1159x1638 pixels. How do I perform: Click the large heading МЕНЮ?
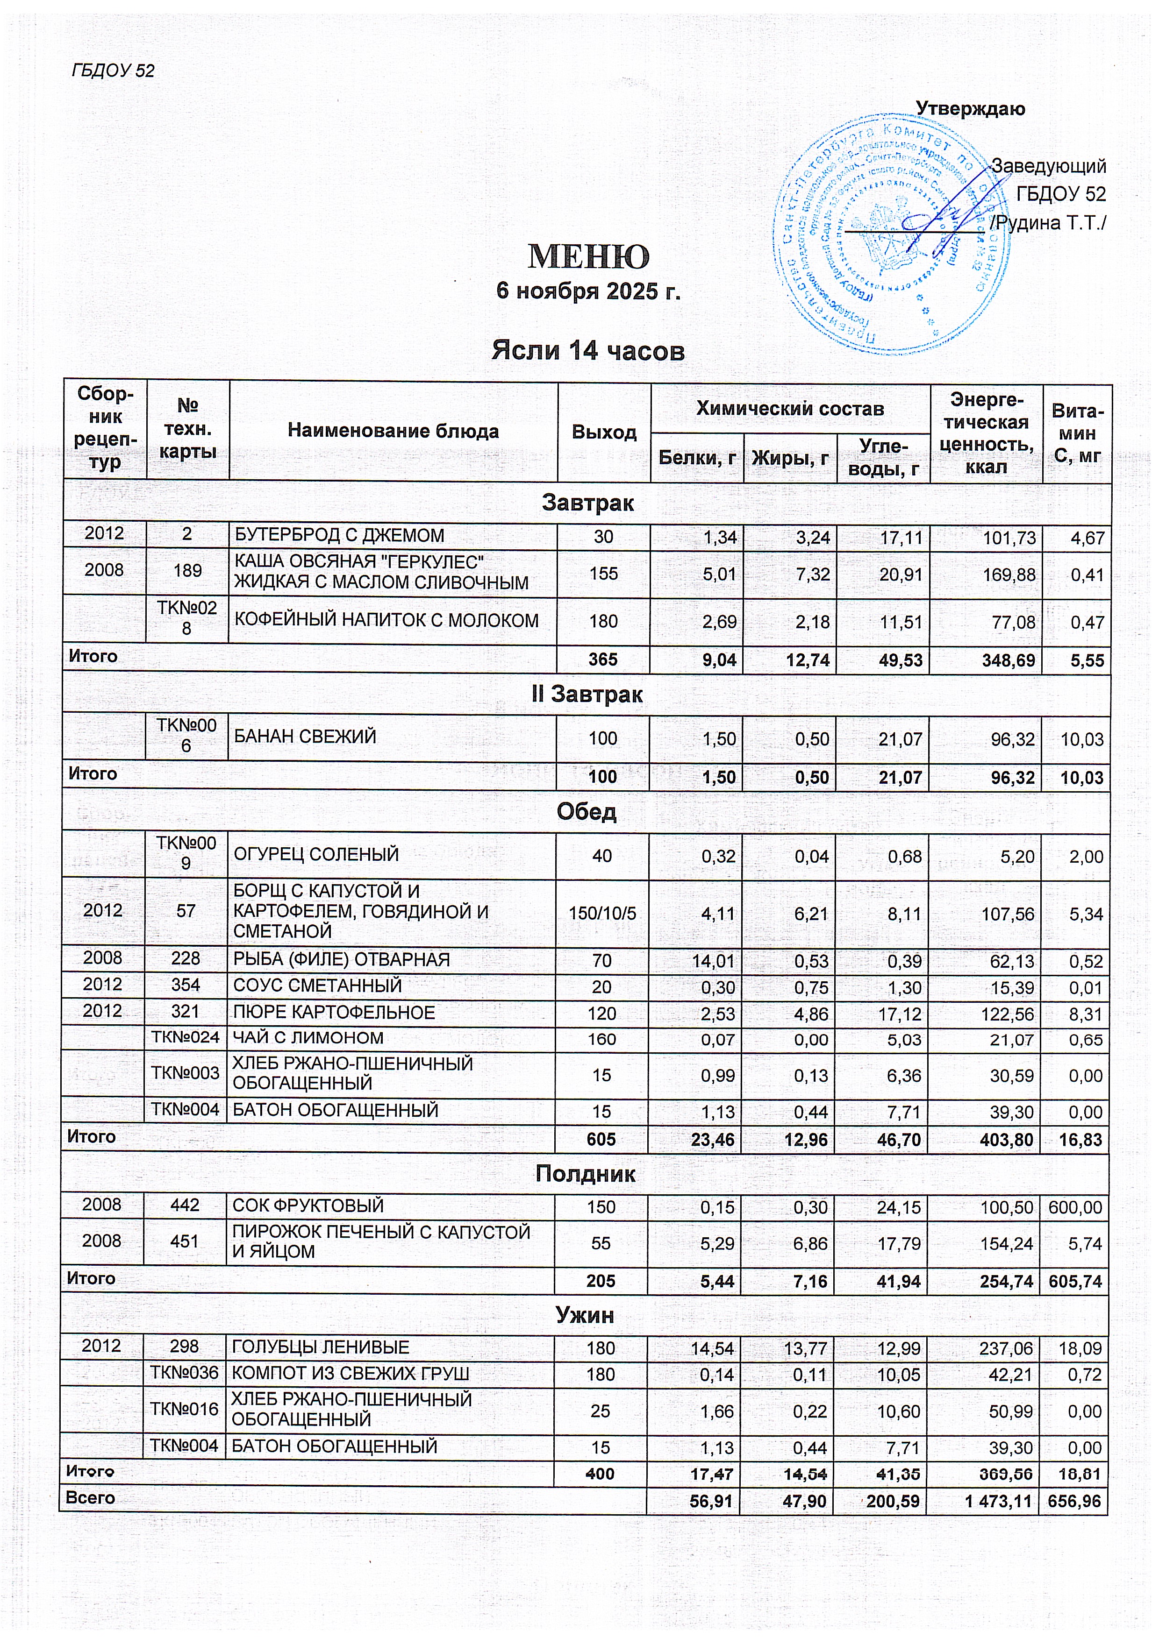coord(588,256)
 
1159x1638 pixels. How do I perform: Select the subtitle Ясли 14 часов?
coord(588,350)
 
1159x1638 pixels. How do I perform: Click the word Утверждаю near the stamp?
coord(970,109)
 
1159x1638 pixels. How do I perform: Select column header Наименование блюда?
coord(393,431)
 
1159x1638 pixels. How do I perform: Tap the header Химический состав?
coord(790,409)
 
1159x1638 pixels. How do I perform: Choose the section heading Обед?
coord(587,812)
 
